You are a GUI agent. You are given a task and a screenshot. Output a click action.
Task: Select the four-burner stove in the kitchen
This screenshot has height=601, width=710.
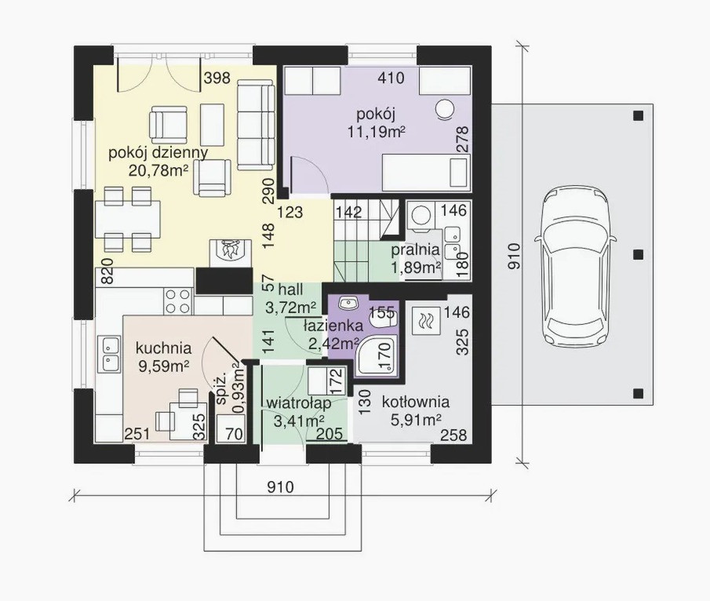[x=177, y=301]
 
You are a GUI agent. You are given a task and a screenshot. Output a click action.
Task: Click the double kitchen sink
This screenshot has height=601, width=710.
[x=109, y=354]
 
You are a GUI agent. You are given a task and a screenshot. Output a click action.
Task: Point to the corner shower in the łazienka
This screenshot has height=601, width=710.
[x=377, y=356]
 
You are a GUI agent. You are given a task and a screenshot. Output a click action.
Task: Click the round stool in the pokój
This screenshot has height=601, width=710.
[x=445, y=108]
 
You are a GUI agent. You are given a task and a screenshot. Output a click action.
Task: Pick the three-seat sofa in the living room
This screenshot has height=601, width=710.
[x=256, y=126]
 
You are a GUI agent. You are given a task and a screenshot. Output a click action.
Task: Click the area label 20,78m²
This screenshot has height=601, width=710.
[x=158, y=170]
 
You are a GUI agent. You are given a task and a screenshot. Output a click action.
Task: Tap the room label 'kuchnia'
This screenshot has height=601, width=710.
[x=163, y=348]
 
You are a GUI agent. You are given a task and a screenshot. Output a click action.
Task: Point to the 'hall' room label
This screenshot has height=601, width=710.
[x=291, y=290]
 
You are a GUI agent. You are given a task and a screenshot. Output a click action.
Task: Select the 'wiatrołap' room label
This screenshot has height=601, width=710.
[x=299, y=402]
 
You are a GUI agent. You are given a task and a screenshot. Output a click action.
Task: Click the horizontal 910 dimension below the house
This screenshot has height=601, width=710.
[x=280, y=487]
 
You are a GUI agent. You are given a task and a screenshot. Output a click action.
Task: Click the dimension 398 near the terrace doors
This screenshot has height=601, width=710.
[x=217, y=78]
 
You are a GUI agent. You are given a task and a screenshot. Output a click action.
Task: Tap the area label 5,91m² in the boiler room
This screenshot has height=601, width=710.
[x=416, y=421]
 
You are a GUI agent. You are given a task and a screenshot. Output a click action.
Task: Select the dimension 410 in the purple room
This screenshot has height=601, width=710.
[x=391, y=78]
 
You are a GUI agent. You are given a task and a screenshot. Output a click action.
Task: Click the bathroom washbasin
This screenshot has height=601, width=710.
[x=348, y=303]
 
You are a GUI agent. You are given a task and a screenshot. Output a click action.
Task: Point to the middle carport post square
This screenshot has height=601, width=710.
[x=638, y=254]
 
